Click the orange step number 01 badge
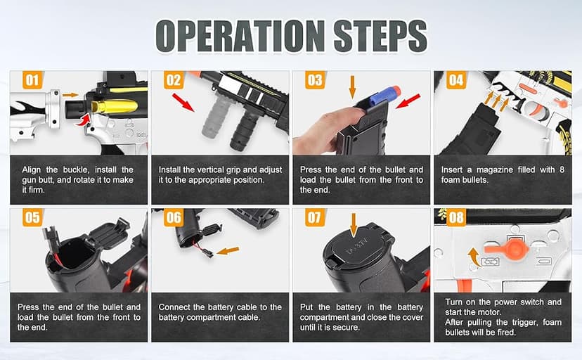point(32,80)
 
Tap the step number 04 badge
point(456,80)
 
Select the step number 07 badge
point(315,217)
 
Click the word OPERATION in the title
point(240,36)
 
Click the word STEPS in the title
point(380,36)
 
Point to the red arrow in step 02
point(183,103)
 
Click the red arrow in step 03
point(408,101)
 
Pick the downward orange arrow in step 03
point(352,87)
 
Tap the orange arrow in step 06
point(228,251)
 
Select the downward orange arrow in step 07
point(354,225)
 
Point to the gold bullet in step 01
point(115,107)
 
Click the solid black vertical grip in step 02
point(245,129)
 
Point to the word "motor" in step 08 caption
point(491,312)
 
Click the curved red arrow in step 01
point(83,120)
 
